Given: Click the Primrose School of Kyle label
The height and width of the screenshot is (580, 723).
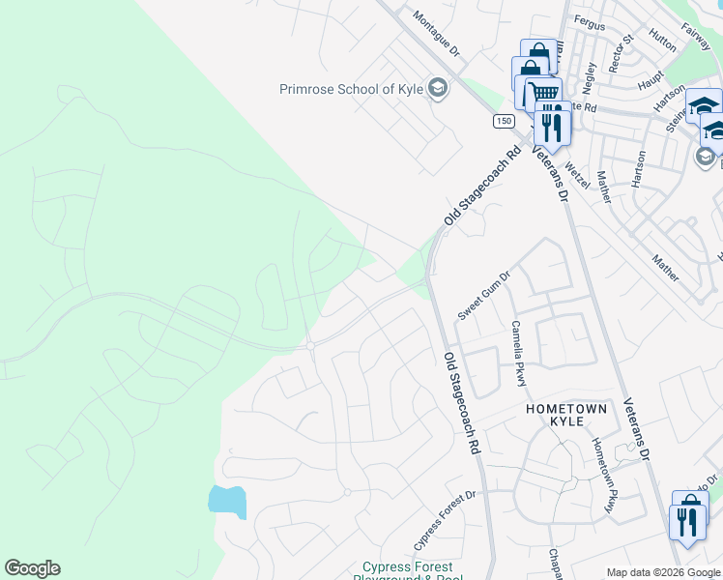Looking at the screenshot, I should pos(352,89).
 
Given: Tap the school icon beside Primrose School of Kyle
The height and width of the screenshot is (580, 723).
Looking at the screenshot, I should pos(439,89).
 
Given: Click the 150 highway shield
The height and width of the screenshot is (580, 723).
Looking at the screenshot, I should pos(503,120).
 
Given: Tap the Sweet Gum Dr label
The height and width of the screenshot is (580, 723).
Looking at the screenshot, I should pos(483,295).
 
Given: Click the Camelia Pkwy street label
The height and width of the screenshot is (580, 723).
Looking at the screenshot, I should pos(519,353).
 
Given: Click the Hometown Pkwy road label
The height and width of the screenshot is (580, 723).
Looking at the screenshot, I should pos(603,477).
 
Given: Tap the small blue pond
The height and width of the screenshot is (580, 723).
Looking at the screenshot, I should pos(228,502).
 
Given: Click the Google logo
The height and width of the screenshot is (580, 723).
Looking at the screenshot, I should pos(32,568).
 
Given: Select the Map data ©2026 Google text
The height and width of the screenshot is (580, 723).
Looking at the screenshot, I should pos(663,572).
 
